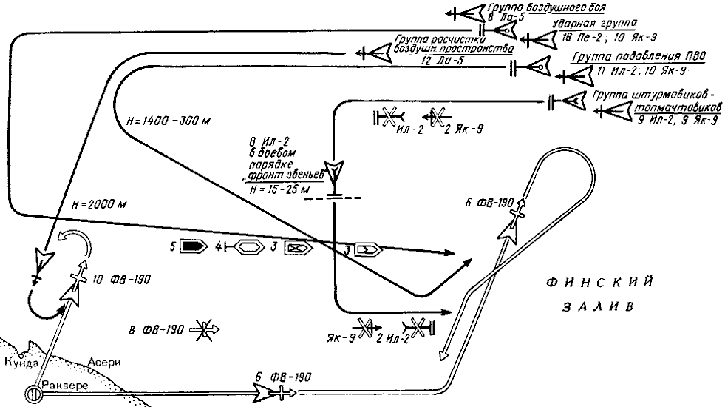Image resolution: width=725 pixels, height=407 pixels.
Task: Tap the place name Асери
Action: [103, 362]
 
